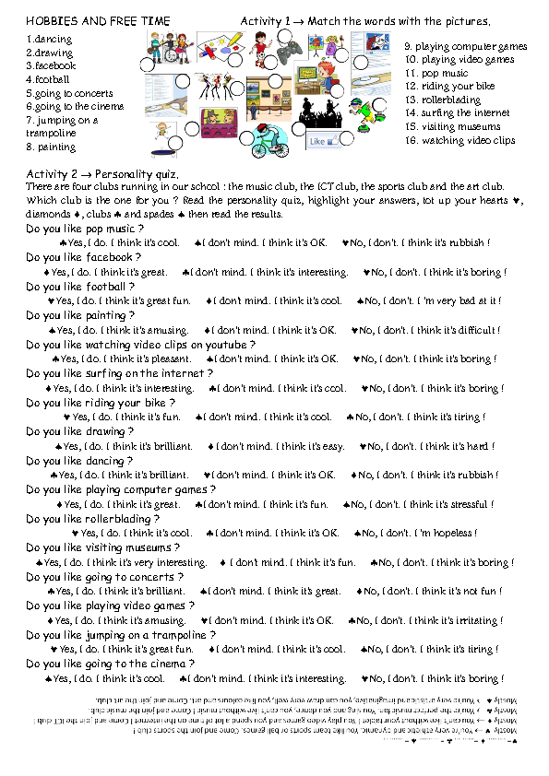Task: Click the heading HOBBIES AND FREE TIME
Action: tap(88, 20)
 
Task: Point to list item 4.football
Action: tap(48, 79)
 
